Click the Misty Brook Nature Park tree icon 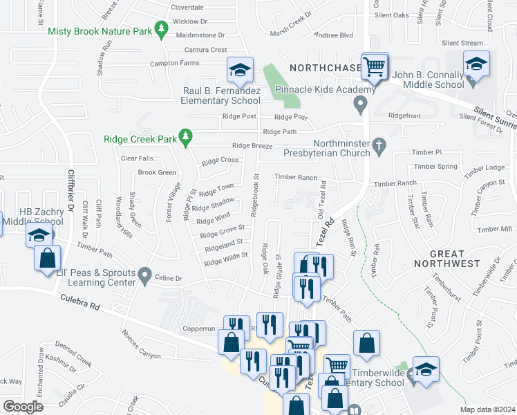point(162,30)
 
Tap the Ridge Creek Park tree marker point(185,137)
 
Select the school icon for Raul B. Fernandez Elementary point(240,69)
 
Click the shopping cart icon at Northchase point(374,66)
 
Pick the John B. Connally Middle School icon point(476,64)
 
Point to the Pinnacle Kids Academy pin point(359,105)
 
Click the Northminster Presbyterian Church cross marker point(378,146)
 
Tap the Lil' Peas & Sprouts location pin point(144,276)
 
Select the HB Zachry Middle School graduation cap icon point(39,234)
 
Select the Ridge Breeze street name point(252,145)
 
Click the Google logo point(23,406)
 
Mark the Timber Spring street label point(437,167)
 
